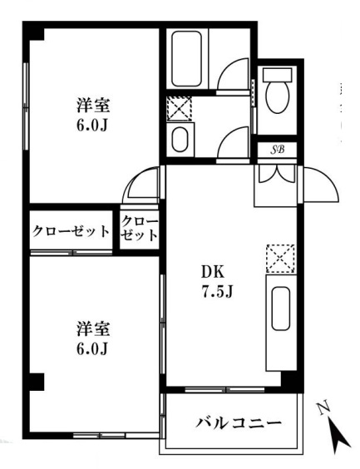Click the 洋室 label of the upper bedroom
click(x=94, y=106)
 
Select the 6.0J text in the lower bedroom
click(x=93, y=348)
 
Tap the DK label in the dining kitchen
click(x=211, y=272)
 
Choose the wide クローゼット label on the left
click(x=72, y=230)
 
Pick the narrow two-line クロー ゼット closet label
click(x=139, y=229)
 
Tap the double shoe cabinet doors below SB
click(x=274, y=174)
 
